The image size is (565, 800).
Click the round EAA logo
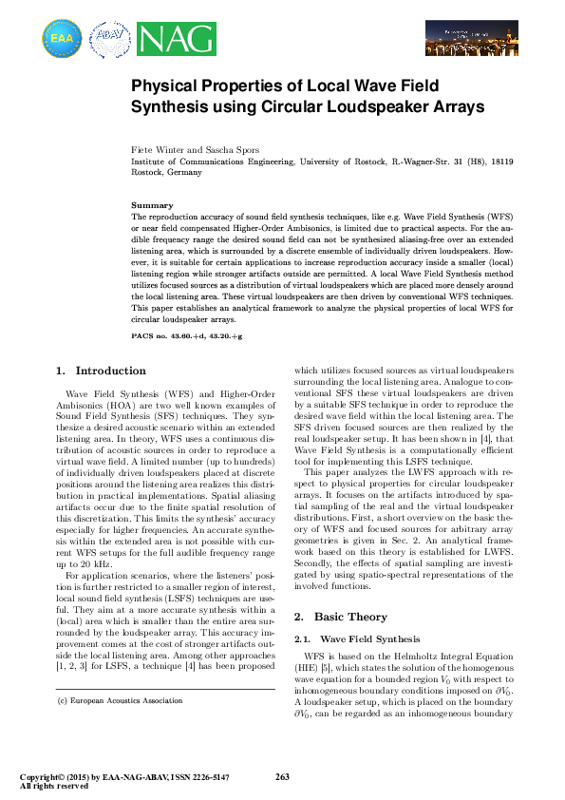tap(62, 39)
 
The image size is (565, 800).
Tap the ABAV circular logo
tap(109, 40)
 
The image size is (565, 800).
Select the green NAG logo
tap(169, 39)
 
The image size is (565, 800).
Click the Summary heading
tap(152, 205)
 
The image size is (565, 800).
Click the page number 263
tap(281, 776)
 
